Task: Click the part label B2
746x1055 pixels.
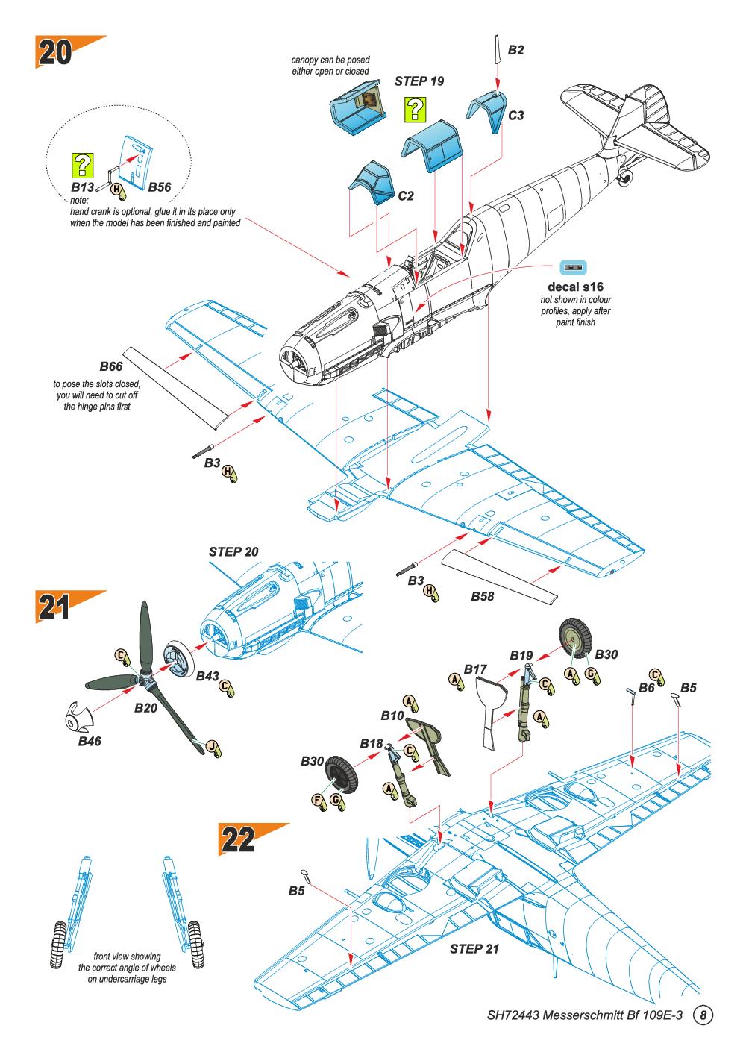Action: click(515, 51)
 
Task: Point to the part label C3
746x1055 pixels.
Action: click(515, 116)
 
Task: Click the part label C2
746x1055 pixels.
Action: click(406, 196)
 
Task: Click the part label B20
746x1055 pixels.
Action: click(147, 707)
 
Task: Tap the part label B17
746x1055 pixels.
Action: click(475, 669)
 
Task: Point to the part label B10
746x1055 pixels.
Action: click(392, 716)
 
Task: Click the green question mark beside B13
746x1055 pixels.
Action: click(82, 164)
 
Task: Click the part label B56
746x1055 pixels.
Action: click(160, 187)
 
